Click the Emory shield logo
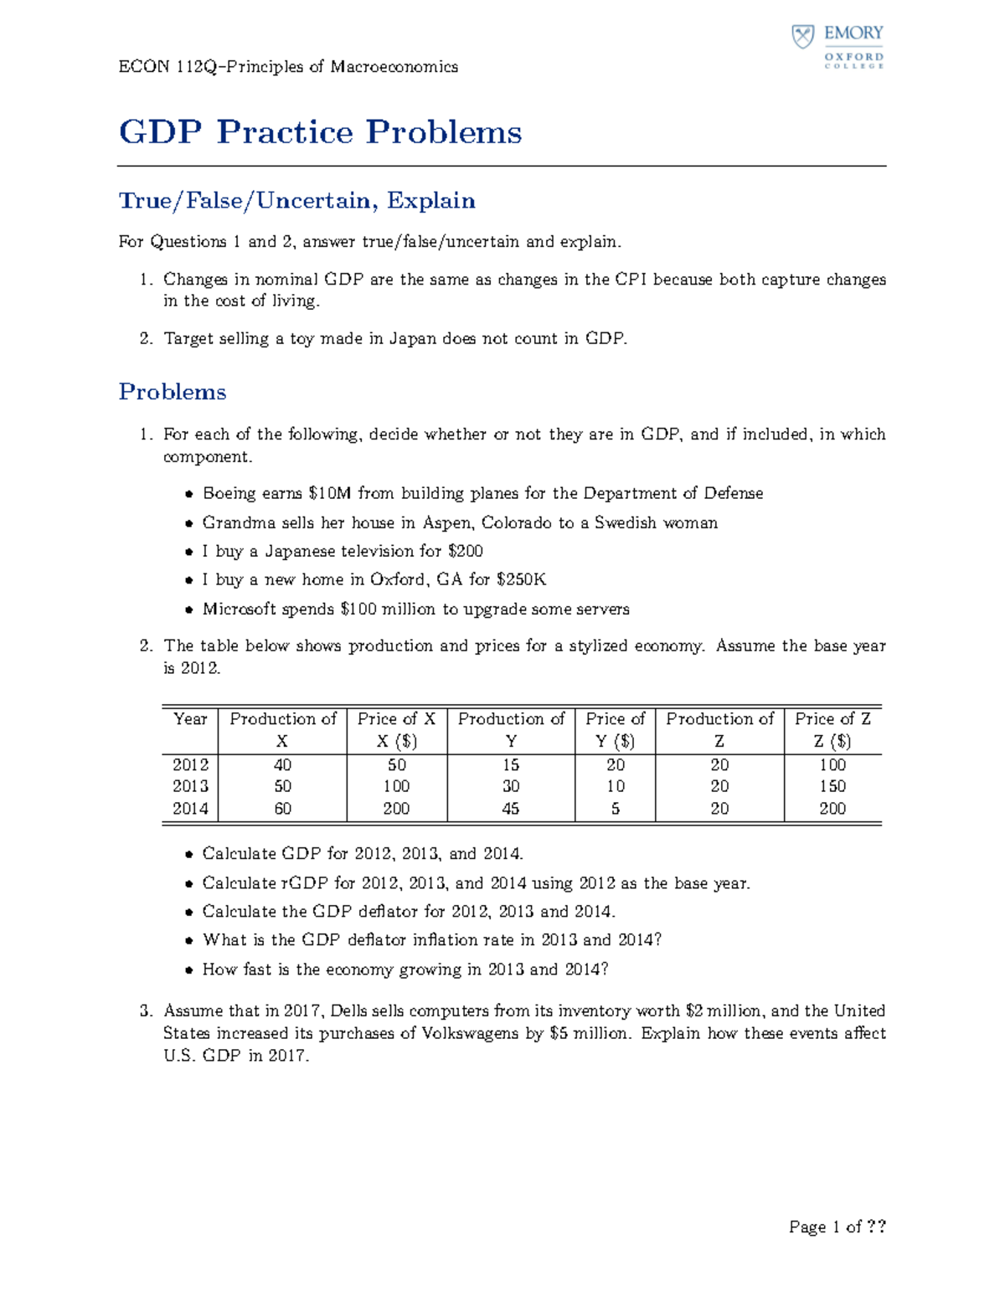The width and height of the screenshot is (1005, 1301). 803,37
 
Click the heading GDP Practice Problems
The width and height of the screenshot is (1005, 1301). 320,132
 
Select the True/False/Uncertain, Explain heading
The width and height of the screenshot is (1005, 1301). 296,201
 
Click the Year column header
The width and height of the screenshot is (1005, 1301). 190,719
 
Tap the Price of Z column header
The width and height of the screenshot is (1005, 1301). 832,719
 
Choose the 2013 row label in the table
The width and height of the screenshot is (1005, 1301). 190,786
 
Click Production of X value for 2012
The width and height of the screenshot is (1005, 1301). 282,764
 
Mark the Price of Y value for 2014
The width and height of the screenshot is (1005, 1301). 616,809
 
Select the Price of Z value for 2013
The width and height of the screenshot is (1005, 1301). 832,786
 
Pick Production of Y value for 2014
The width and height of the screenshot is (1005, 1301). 511,809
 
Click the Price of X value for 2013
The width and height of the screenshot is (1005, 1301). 396,786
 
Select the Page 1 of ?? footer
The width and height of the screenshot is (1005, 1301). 837,1227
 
